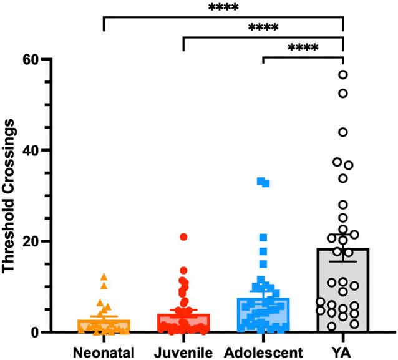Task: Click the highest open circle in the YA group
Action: click(x=343, y=75)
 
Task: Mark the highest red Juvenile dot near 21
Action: click(x=183, y=237)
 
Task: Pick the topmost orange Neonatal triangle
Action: click(x=104, y=276)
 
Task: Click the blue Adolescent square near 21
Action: click(x=263, y=238)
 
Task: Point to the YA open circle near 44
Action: click(x=343, y=132)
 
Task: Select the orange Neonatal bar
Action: click(x=104, y=326)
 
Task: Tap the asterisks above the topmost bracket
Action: click(x=223, y=8)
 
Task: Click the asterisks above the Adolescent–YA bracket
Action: click(x=303, y=47)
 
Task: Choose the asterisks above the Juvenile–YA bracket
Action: click(x=263, y=27)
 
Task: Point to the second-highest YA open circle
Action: click(x=343, y=94)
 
